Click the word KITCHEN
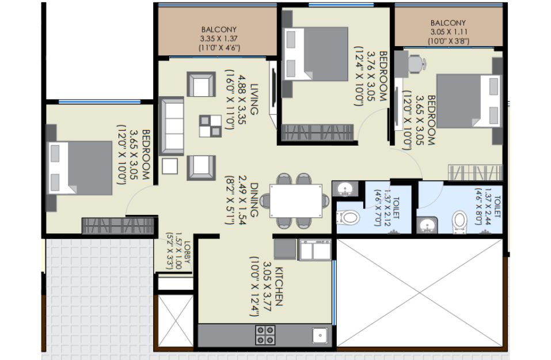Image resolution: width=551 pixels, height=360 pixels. click(x=279, y=286)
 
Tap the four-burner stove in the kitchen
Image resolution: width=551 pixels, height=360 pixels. click(x=265, y=335)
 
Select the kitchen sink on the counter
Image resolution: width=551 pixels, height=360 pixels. click(x=320, y=335)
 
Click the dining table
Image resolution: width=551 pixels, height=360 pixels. click(x=296, y=201)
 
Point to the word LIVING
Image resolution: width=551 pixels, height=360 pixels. click(x=254, y=99)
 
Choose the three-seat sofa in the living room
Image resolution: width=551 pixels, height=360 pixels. click(x=172, y=126)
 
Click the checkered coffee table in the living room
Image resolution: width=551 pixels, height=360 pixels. click(x=211, y=126)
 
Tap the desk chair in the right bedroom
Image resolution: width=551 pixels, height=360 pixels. click(x=417, y=64)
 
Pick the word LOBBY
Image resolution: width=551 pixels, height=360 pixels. click(x=187, y=252)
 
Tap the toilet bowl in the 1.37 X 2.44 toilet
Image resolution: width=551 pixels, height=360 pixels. click(x=459, y=222)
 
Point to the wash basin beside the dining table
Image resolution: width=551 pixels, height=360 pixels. click(x=345, y=189)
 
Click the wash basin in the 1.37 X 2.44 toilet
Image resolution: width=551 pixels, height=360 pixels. click(x=427, y=225)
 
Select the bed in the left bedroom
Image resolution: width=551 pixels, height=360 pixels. click(x=80, y=168)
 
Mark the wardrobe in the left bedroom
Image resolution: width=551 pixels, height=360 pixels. click(x=118, y=226)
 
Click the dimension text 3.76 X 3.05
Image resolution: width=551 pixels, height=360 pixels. click(x=371, y=76)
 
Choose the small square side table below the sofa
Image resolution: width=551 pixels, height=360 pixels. click(x=170, y=166)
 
